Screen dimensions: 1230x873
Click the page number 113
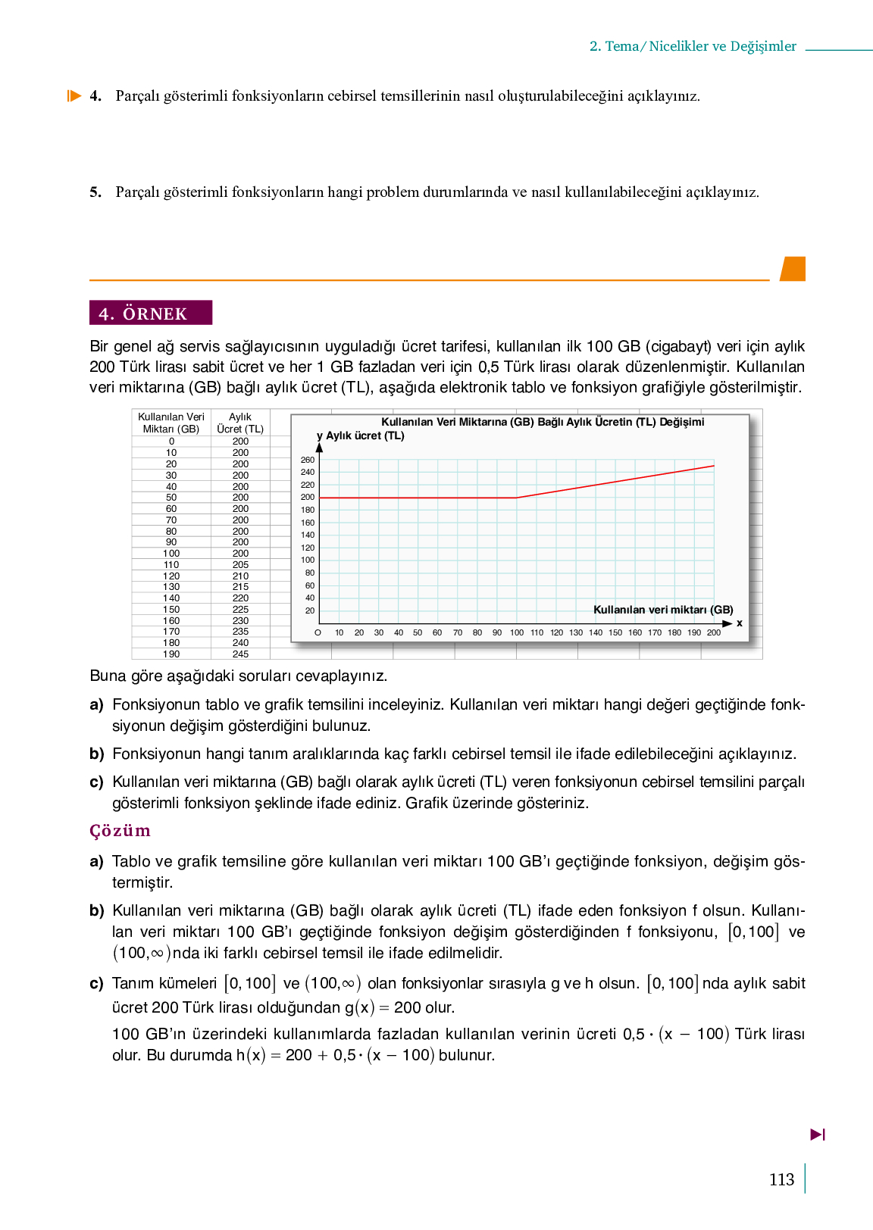tap(781, 1179)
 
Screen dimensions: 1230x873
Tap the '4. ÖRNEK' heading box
tap(150, 313)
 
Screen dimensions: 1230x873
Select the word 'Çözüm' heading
tap(120, 831)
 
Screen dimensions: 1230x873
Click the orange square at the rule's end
tap(793, 269)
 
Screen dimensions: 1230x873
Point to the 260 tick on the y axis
tap(308, 460)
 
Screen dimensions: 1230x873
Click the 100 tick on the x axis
tap(517, 632)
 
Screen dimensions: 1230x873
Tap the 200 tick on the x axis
tap(714, 632)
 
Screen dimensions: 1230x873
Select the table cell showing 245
tap(240, 654)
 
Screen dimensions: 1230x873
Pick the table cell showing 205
tap(240, 564)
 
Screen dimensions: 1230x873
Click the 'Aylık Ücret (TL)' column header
tap(240, 423)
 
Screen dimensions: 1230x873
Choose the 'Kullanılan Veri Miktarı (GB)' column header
tap(171, 423)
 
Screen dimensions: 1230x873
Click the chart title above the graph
tap(543, 422)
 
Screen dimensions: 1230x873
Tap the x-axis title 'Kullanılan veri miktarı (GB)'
tap(663, 610)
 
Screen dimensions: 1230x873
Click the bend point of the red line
tap(517, 498)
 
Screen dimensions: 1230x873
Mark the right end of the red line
tap(714, 466)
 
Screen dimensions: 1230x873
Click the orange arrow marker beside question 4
tap(74, 96)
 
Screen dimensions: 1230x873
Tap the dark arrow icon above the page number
tap(818, 1135)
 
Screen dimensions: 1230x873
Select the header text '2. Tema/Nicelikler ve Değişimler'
tap(693, 46)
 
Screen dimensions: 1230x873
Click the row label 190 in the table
tap(171, 654)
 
